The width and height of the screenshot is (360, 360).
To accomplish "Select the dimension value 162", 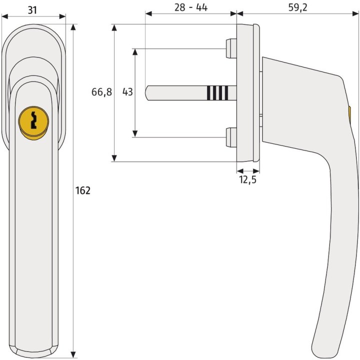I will point(82,190).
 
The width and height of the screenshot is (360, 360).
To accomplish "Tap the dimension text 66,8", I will point(101,92).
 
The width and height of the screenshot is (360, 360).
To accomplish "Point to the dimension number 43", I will point(127,92).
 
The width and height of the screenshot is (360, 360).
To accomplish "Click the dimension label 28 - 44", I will point(190,8).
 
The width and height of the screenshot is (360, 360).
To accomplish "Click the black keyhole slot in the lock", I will point(33,121).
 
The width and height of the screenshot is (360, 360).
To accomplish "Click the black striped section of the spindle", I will point(217,92).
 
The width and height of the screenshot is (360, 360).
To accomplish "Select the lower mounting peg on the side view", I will point(231,137).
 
